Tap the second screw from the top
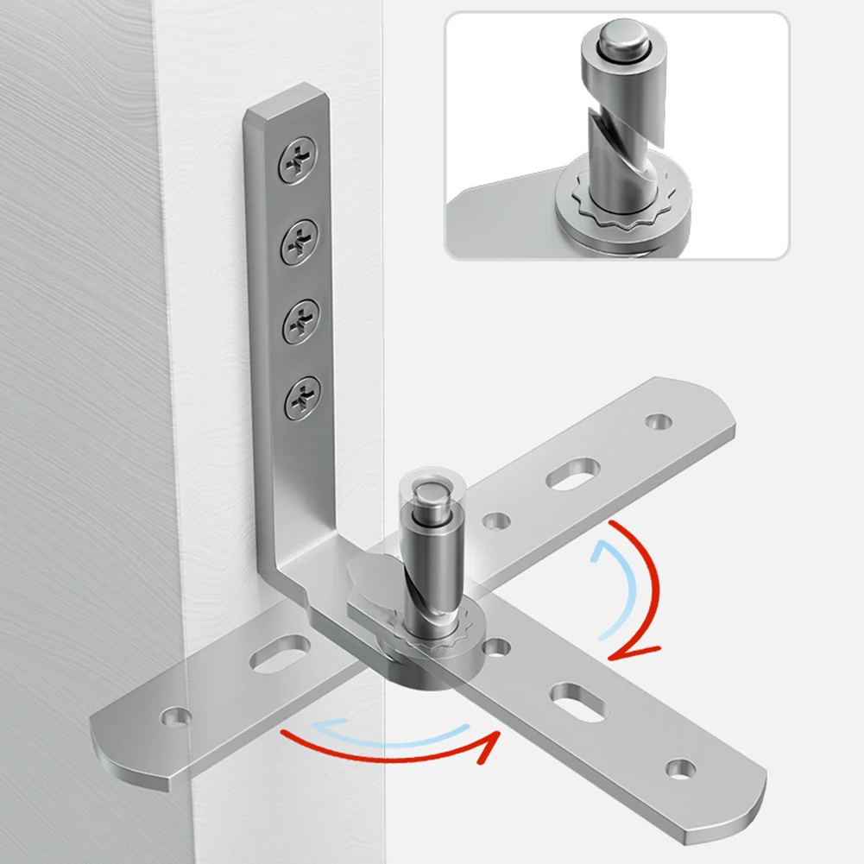coord(300,235)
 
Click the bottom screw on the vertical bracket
coord(304,397)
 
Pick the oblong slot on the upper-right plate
coord(573,473)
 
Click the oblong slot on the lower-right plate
coord(575,696)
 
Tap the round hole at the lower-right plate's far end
coord(680,766)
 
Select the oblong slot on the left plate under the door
coord(281,652)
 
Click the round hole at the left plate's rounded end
coord(177,716)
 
